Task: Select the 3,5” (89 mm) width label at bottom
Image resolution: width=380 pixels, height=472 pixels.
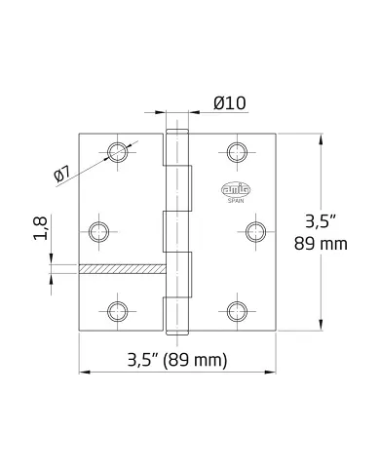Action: tap(177, 359)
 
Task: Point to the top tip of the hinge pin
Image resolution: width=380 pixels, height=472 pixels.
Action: tap(176, 130)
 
